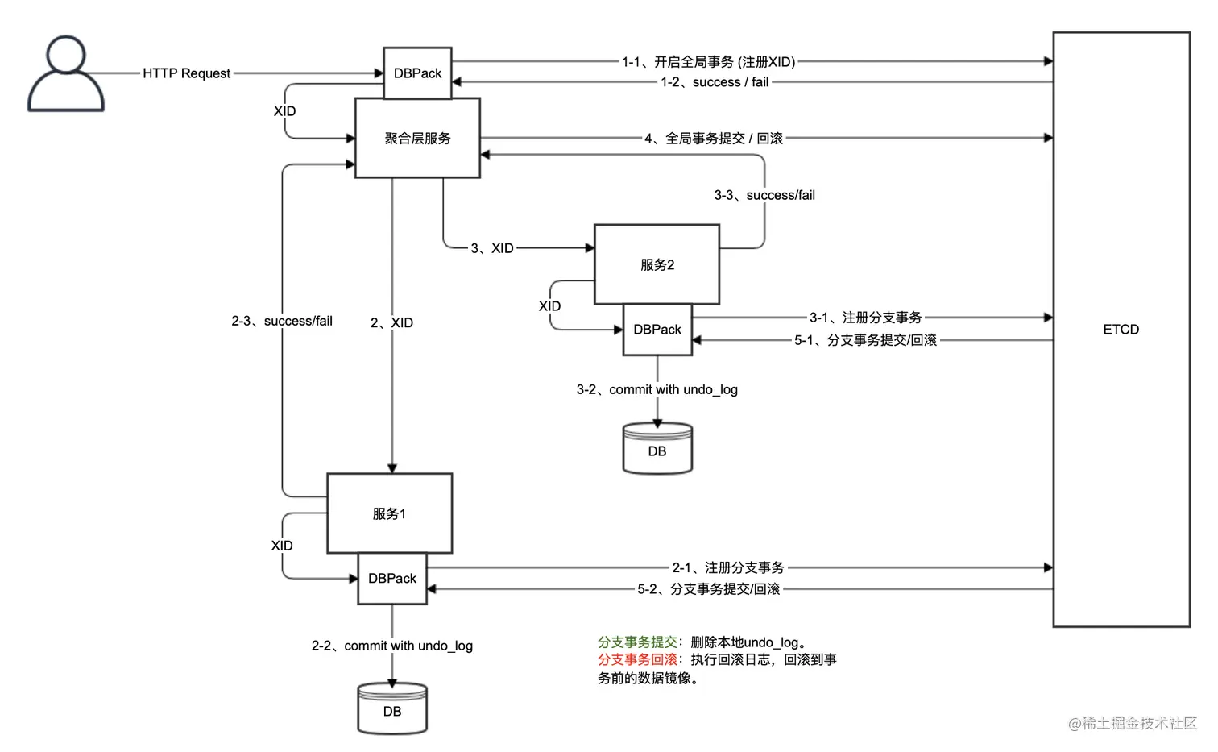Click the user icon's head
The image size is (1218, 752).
point(66,55)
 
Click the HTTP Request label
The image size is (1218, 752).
point(186,73)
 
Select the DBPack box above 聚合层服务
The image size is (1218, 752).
point(417,73)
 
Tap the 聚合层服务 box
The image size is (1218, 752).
point(417,139)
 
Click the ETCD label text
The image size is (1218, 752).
point(1121,330)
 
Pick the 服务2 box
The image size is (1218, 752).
point(657,265)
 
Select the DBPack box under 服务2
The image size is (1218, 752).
point(657,330)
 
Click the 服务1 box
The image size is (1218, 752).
point(389,514)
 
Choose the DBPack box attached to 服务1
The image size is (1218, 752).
point(392,579)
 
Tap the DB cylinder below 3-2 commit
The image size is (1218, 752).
point(657,450)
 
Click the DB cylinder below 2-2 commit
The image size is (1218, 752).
point(392,710)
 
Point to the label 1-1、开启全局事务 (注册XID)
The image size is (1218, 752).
point(708,62)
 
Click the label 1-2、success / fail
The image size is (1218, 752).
point(715,82)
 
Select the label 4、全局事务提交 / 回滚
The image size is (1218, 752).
point(713,139)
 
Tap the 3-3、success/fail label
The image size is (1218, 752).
point(764,195)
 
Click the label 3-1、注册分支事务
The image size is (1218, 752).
point(865,318)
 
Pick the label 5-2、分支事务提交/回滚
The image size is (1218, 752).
point(708,589)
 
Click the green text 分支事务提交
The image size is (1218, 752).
point(637,642)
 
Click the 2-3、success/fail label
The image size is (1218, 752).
point(282,321)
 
